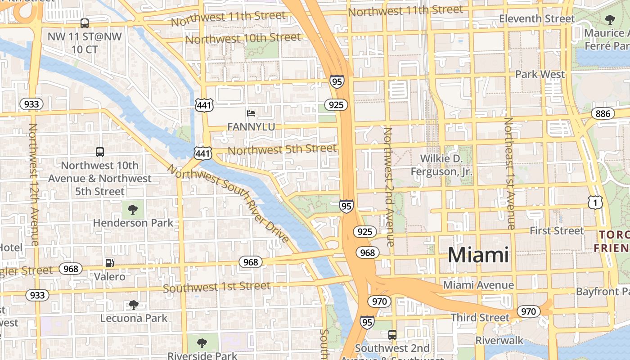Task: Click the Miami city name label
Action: click(478, 255)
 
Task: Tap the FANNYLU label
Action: click(251, 127)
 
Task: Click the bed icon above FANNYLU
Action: click(251, 113)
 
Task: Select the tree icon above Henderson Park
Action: click(132, 209)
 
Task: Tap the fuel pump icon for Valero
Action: click(109, 263)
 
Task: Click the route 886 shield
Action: click(603, 113)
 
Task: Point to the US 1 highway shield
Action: click(595, 203)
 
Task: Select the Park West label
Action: click(540, 74)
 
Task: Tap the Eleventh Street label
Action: click(537, 19)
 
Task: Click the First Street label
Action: click(557, 231)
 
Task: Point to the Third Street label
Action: click(480, 318)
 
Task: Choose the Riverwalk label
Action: click(499, 340)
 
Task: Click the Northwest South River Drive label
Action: click(229, 203)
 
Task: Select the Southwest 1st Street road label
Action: click(216, 287)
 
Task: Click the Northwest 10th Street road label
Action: click(243, 39)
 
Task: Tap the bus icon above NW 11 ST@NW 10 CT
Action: click(84, 23)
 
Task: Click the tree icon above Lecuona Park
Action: click(133, 305)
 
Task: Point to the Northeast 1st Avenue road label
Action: click(510, 173)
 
